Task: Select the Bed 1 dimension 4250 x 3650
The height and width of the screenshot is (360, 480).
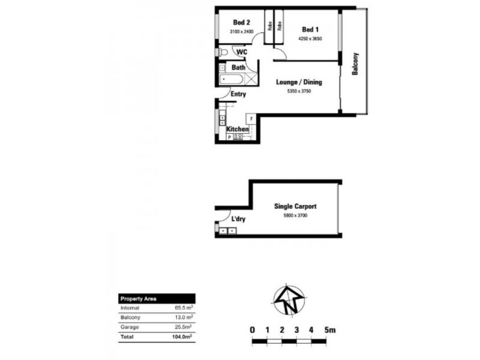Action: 310,39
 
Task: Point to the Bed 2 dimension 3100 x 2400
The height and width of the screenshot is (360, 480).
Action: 241,32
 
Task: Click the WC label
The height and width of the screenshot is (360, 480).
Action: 242,52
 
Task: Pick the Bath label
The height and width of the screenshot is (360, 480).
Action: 238,68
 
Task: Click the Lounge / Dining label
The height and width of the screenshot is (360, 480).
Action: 299,82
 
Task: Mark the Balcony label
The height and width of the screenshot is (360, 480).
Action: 355,64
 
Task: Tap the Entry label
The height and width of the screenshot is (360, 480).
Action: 238,94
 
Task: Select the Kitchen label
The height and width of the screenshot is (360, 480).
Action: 238,129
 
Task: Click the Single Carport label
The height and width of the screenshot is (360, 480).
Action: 295,206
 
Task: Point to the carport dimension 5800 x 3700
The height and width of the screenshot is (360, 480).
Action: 295,215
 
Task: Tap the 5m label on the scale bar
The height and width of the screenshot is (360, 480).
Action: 329,330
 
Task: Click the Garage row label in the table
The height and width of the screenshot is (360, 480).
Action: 130,327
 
